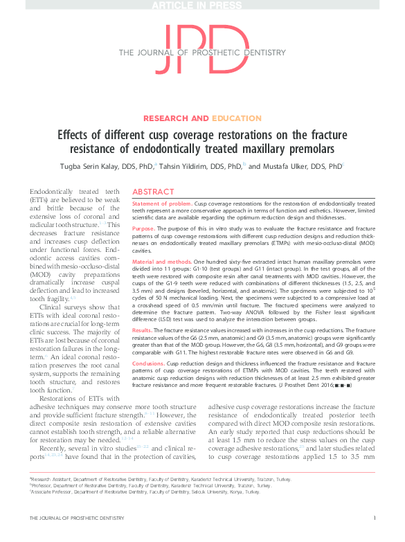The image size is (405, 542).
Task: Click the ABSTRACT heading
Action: tap(153, 191)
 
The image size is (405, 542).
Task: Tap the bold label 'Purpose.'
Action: tap(143, 228)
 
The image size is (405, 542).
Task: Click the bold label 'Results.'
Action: tap(143, 332)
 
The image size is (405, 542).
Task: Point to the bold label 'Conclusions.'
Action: tap(148, 362)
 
